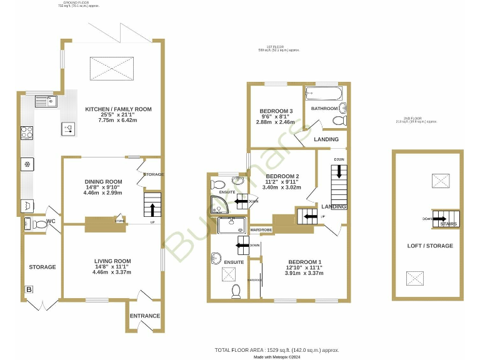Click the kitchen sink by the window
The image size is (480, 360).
click(x=45, y=101)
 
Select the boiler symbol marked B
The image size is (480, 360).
click(x=29, y=289)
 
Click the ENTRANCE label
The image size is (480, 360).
click(x=145, y=316)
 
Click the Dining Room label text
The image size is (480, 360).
click(x=103, y=182)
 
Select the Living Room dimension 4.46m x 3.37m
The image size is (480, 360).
click(x=112, y=272)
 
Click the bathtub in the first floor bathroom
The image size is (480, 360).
click(x=323, y=94)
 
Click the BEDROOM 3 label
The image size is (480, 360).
click(x=276, y=111)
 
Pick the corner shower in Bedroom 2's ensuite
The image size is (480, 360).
click(x=219, y=203)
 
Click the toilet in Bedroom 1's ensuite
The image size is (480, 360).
click(x=236, y=290)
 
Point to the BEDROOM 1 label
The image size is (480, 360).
click(x=304, y=261)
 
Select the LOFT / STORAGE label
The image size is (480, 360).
click(x=430, y=246)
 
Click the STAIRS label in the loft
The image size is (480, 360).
click(x=447, y=224)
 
